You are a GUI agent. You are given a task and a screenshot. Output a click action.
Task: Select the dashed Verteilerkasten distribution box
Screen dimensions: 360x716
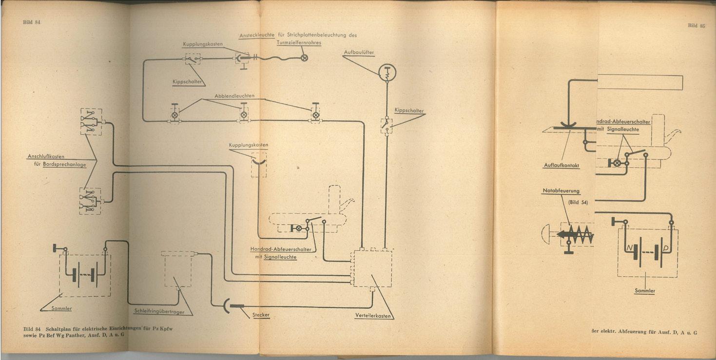coord(371,267)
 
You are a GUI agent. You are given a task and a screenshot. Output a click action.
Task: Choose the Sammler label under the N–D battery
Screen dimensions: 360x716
coord(645,291)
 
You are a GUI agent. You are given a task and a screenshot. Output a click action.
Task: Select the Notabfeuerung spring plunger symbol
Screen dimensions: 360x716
coord(575,234)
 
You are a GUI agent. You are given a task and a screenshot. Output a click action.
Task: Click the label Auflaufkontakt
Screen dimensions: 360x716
coord(561,165)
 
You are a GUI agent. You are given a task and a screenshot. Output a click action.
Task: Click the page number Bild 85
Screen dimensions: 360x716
coord(696,26)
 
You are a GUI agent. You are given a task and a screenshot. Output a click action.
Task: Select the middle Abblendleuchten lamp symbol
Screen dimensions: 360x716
coord(244,115)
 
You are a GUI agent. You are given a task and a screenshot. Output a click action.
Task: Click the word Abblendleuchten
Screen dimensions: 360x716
coord(234,96)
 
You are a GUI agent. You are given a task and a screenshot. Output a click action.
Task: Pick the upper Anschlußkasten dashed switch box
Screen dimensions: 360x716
coord(91,122)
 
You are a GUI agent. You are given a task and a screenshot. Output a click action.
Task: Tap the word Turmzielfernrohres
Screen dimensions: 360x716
coord(299,43)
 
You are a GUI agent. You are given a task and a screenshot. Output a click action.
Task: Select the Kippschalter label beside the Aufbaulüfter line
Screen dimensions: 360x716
coord(409,111)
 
